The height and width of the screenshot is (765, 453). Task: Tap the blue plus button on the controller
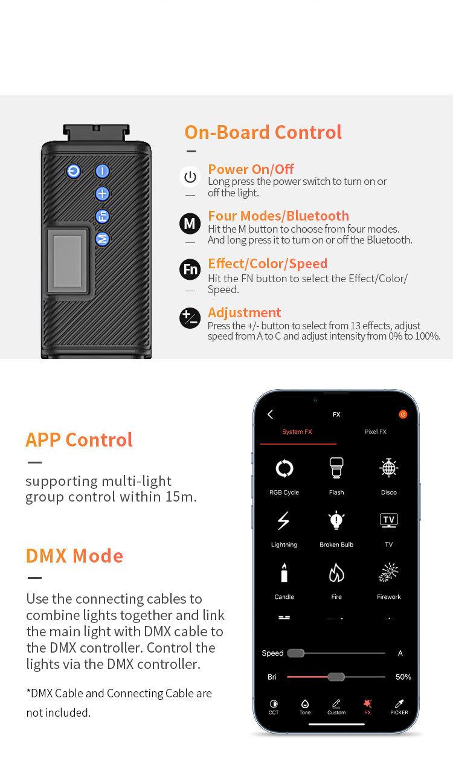(102, 193)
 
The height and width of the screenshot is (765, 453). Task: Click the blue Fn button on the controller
(102, 216)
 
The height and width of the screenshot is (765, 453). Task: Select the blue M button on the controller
(102, 239)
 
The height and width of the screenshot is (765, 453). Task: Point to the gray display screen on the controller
(67, 261)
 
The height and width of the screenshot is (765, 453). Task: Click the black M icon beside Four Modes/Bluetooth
(190, 224)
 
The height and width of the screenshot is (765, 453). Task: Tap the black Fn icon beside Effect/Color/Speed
(190, 270)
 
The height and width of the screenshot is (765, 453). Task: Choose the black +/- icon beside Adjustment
(190, 318)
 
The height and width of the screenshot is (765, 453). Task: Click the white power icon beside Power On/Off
(190, 176)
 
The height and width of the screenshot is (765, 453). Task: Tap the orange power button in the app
(403, 415)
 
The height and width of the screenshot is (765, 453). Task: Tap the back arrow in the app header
(270, 415)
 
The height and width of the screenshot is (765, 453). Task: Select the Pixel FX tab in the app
(376, 431)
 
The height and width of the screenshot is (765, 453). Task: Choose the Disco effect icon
(388, 468)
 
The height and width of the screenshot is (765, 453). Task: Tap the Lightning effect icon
(283, 520)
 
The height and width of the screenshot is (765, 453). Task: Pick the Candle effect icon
(284, 572)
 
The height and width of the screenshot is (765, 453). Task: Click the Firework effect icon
(388, 572)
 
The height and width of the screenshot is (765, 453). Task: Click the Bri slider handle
(336, 677)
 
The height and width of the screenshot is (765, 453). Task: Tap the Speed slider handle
(295, 653)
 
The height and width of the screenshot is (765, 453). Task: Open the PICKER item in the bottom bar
(399, 707)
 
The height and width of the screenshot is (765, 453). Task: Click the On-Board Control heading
(263, 132)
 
